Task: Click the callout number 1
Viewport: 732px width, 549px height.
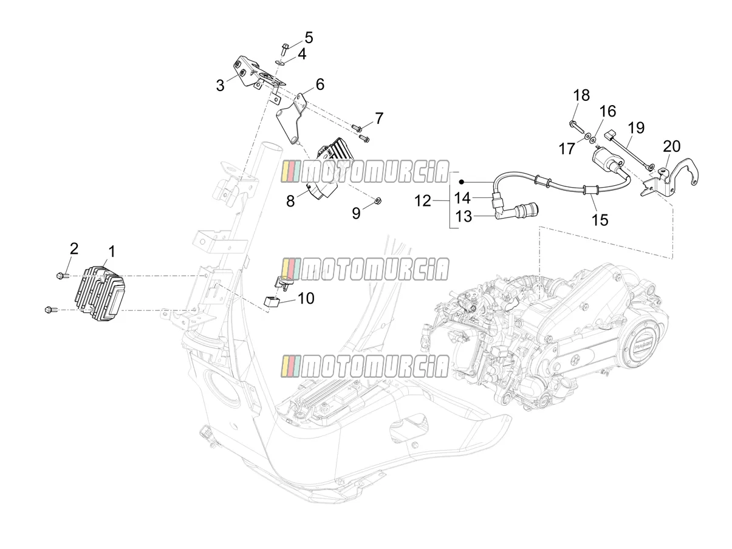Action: click(x=112, y=251)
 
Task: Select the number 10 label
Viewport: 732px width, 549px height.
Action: click(x=306, y=298)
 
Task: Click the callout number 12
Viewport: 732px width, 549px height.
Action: click(x=423, y=201)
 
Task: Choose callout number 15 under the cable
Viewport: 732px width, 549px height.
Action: click(x=600, y=220)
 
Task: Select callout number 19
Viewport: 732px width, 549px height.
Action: click(x=636, y=128)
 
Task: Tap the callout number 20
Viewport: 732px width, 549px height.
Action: click(x=671, y=146)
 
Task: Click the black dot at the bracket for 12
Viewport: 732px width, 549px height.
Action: click(x=462, y=182)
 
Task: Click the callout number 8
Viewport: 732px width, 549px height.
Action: click(x=290, y=202)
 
